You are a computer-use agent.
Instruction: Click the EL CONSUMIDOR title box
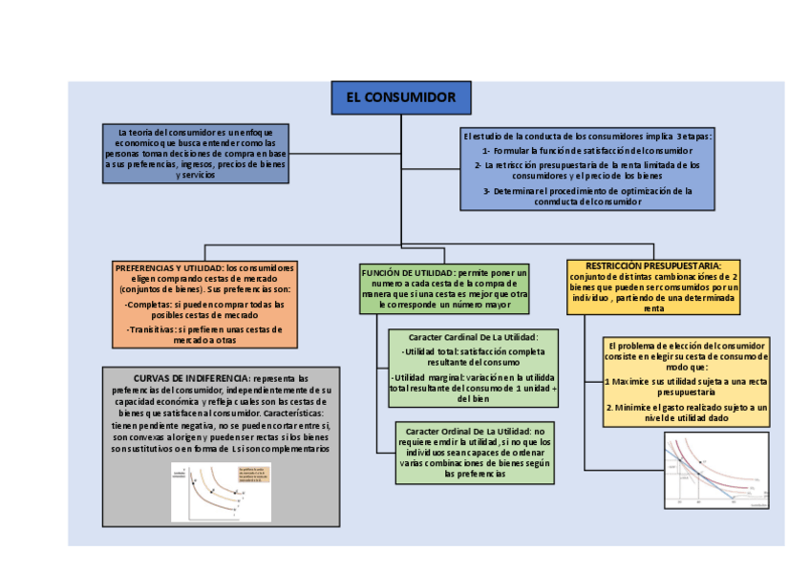400,98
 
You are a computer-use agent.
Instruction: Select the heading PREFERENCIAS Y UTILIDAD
168,267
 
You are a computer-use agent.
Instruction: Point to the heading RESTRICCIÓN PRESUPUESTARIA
653,265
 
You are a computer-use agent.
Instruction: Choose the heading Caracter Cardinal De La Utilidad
473,337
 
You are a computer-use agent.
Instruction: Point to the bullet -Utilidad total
473,357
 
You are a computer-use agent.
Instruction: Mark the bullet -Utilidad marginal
473,386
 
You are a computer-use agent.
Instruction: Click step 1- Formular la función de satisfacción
586,151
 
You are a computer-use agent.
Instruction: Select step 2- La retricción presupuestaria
586,170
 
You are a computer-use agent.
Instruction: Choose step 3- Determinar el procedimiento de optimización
586,196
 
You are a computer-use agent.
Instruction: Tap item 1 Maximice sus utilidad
686,387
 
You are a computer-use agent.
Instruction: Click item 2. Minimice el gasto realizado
686,412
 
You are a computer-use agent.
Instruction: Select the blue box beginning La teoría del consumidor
195,153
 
